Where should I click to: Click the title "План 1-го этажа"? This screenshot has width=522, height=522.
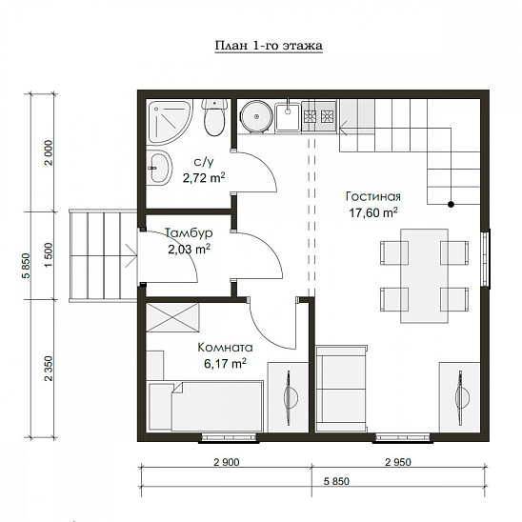click(269, 46)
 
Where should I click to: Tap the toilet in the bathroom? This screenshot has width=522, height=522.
click(214, 117)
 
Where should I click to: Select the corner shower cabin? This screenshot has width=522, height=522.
click(170, 122)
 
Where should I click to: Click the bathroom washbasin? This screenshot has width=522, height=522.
click(160, 167)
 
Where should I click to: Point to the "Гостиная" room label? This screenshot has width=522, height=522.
click(372, 196)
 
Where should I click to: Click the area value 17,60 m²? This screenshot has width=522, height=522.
click(372, 212)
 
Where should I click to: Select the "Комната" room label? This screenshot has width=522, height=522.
click(225, 348)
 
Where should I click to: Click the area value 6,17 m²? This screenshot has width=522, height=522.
click(225, 363)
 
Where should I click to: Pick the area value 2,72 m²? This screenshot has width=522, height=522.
click(204, 177)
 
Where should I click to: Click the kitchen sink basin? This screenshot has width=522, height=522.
click(288, 116)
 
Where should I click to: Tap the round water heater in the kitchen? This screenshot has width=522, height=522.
click(256, 116)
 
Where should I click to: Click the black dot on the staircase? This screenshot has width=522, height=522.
click(451, 205)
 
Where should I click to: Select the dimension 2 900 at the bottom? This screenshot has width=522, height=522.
click(227, 462)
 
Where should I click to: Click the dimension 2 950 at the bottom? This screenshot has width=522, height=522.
click(398, 462)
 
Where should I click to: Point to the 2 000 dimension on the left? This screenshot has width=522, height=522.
click(49, 152)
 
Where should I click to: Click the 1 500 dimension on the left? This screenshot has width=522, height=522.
click(49, 254)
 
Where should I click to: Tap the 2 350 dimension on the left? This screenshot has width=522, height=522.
click(49, 369)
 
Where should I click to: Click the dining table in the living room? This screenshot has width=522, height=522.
click(424, 275)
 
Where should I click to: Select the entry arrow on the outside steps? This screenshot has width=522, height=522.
click(131, 255)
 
